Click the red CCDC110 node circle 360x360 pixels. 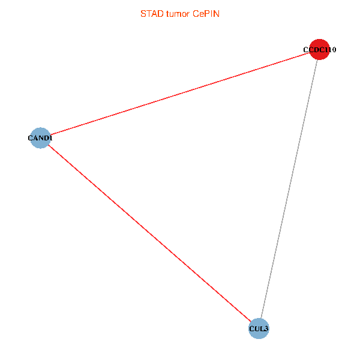[319, 50]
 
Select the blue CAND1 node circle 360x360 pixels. [40, 138]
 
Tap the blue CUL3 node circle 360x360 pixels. [259, 328]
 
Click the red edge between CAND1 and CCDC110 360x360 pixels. [180, 94]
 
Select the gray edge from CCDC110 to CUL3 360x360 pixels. [289, 189]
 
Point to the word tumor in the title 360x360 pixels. [178, 13]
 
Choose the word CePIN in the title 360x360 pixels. [206, 13]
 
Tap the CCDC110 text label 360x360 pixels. [319, 50]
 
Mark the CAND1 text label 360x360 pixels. [40, 139]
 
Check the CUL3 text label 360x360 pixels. [259, 329]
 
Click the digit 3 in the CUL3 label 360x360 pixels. [266, 329]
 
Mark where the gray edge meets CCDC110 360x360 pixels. [317, 60]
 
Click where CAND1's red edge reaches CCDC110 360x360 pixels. [310, 53]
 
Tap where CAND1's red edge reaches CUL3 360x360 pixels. [251, 322]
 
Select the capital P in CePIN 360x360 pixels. [208, 13]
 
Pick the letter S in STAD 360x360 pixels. [143, 13]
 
